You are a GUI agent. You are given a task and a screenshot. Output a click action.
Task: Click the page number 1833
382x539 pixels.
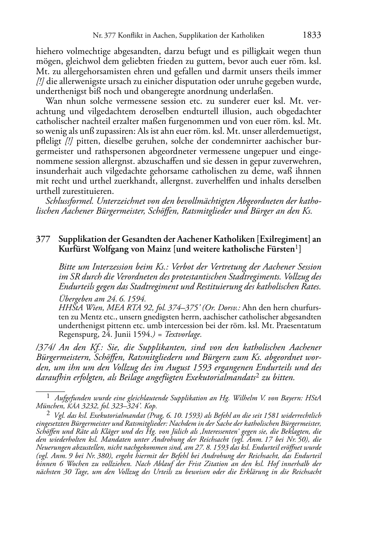coord(312,35)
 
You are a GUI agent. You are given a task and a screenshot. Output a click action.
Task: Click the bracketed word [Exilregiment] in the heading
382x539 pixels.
coord(283,239)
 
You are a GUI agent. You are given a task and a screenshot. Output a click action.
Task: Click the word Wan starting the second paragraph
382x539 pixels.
coord(53,101)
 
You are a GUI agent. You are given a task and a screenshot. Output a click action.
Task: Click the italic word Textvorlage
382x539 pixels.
coord(186,334)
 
